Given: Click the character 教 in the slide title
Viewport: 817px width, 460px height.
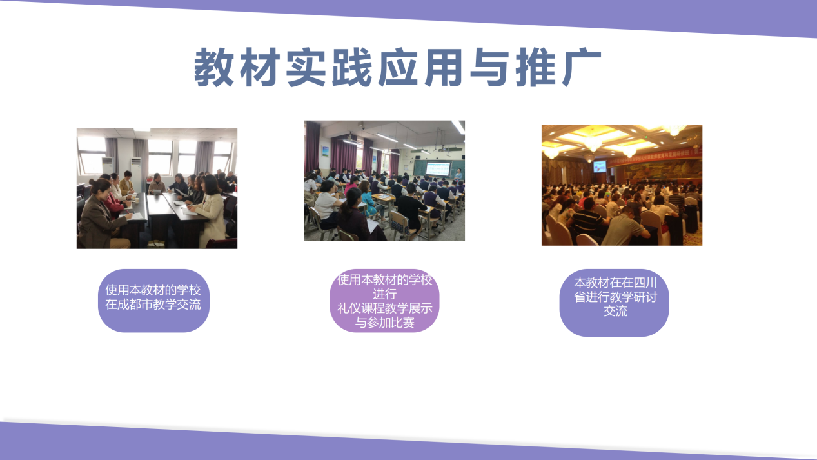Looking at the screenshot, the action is click(213, 68).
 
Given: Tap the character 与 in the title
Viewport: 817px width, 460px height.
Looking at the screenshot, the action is click(489, 68).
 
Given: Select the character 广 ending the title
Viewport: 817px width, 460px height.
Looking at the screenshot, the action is click(582, 68).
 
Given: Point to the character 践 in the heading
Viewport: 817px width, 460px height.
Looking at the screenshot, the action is click(351, 68).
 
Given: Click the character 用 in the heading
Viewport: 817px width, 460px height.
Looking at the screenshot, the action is click(444, 68).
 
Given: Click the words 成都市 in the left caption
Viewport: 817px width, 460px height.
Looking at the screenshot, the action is click(135, 305).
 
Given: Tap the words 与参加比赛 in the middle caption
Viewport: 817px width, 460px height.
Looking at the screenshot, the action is click(385, 323).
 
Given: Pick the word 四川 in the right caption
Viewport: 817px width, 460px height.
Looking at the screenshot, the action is click(645, 283).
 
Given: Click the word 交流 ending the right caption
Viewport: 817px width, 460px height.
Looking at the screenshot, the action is click(616, 311).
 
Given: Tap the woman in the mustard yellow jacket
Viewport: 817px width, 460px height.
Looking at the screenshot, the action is click(127, 183).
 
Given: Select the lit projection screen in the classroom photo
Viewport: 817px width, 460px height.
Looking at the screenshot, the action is click(438, 170).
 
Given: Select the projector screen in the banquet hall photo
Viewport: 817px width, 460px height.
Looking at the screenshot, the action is click(600, 166).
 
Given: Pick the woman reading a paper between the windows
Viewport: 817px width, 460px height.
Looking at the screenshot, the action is click(157, 184).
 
